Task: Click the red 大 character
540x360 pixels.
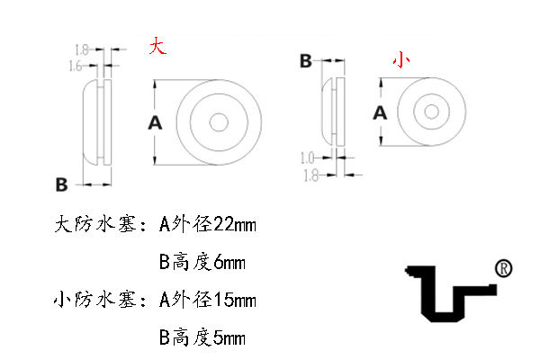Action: point(157,46)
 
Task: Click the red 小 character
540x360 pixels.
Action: point(401,60)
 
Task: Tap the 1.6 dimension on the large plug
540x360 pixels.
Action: point(76,66)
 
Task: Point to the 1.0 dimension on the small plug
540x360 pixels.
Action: point(307,158)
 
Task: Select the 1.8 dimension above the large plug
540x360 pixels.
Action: point(82,50)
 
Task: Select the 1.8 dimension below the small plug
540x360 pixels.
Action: point(310,175)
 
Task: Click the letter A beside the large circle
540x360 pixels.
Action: point(155,123)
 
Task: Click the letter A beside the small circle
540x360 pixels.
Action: point(380,112)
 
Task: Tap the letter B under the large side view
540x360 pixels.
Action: point(61,184)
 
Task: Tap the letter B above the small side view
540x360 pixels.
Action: point(306,61)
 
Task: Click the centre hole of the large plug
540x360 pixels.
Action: point(219,122)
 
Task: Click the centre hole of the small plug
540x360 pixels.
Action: point(431,112)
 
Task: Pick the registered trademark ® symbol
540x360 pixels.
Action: point(503,268)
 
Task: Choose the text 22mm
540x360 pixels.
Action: point(235,225)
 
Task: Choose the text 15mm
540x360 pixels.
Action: point(235,300)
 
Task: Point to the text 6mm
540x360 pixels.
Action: point(229,263)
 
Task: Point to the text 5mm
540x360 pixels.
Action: point(229,337)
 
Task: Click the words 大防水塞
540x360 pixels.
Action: point(96,225)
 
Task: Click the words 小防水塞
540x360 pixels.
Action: point(96,300)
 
